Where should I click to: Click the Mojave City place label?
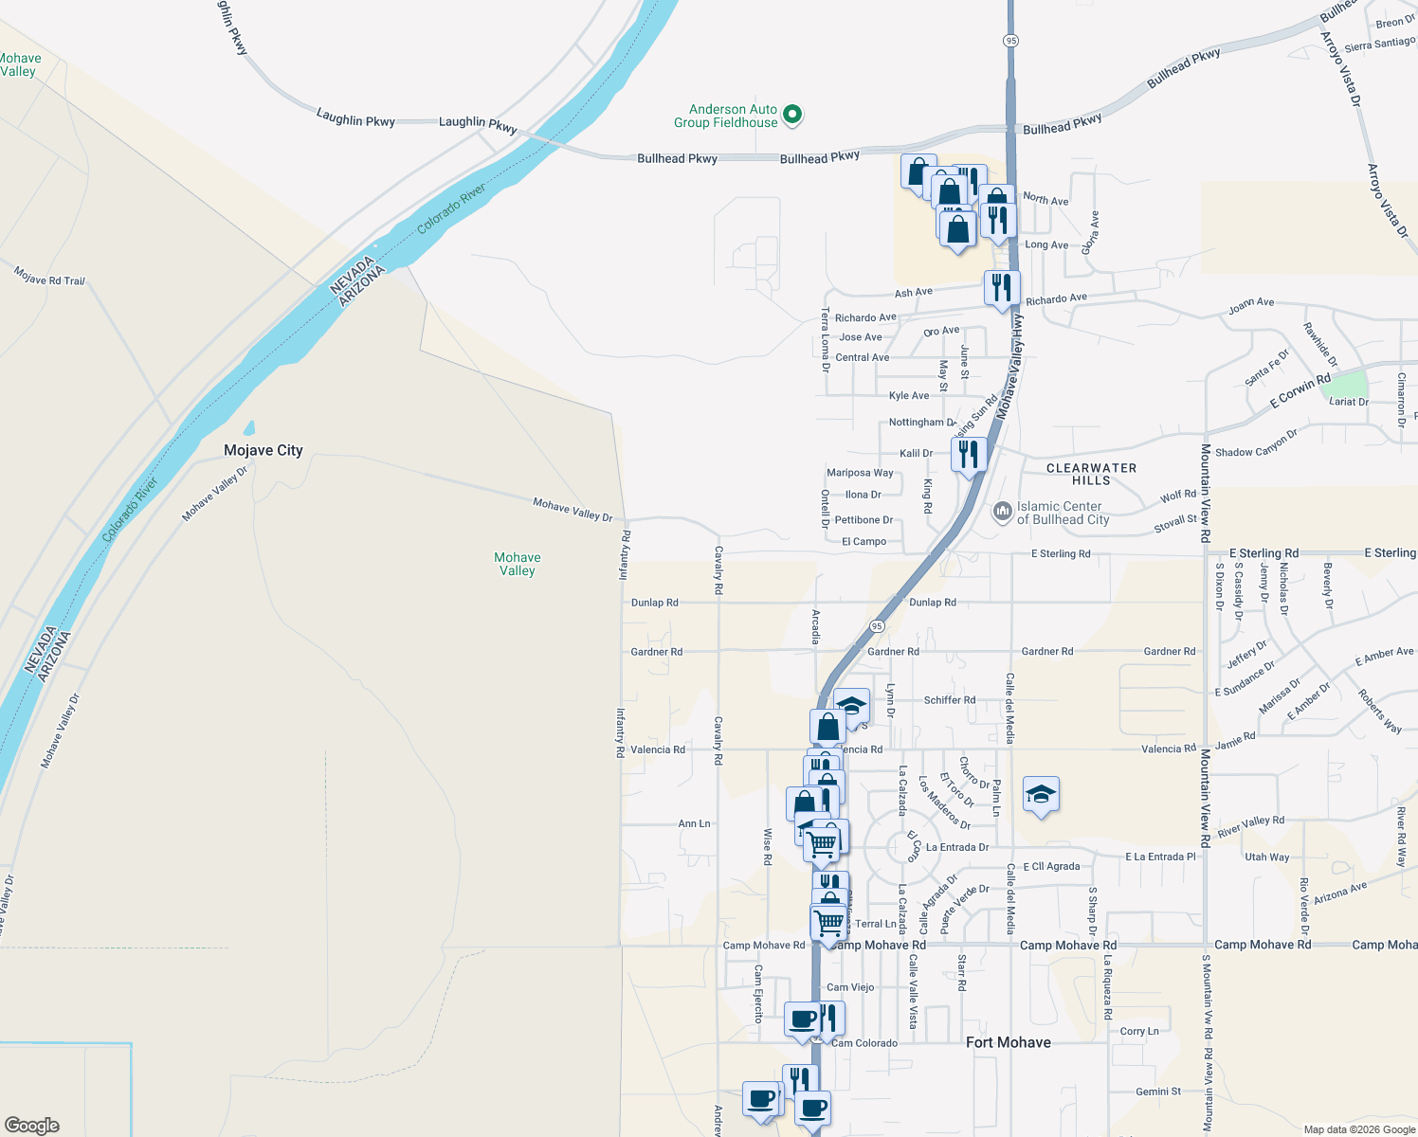pos(264,450)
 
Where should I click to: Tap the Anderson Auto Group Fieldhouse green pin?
pos(794,116)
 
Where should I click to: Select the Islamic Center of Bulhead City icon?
pos(1002,513)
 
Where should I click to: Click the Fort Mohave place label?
pos(1008,1042)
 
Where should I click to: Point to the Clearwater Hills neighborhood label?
pos(1091,474)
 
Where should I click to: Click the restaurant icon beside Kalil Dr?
pos(968,455)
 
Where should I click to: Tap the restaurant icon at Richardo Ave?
pos(1002,287)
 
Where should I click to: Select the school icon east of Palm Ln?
pos(1041,795)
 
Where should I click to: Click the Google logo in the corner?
pos(32,1126)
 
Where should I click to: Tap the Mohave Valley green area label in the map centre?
pos(518,564)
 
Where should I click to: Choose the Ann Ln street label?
pos(694,823)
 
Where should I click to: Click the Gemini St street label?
pos(1158,1092)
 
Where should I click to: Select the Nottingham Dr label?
pos(922,423)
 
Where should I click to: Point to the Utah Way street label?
pos(1266,857)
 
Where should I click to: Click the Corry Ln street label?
pos(1138,1031)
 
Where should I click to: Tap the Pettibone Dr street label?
pos(864,520)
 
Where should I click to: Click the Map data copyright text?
pos(1359,1129)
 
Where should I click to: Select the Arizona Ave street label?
pos(1340,892)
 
